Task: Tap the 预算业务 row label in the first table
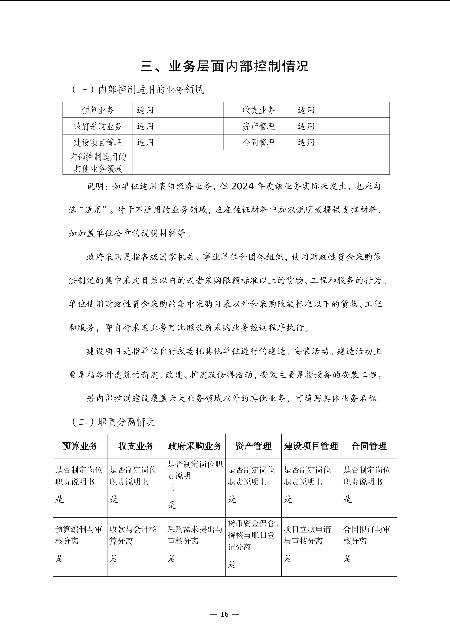point(98,110)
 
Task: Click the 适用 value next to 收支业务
point(306,110)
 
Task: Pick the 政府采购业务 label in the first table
point(98,126)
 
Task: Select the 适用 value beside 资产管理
point(306,126)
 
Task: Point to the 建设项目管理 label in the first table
point(98,142)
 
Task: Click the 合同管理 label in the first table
point(258,142)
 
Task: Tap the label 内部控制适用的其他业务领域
point(98,163)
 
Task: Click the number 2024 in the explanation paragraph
point(242,186)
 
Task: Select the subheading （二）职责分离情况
point(113,422)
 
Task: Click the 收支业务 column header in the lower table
point(136,446)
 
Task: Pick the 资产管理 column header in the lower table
point(253,446)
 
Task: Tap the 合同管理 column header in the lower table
point(369,446)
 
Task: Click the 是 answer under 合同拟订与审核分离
point(348,558)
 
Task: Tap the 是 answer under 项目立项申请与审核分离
point(288,558)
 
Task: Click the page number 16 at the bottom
point(224,614)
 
